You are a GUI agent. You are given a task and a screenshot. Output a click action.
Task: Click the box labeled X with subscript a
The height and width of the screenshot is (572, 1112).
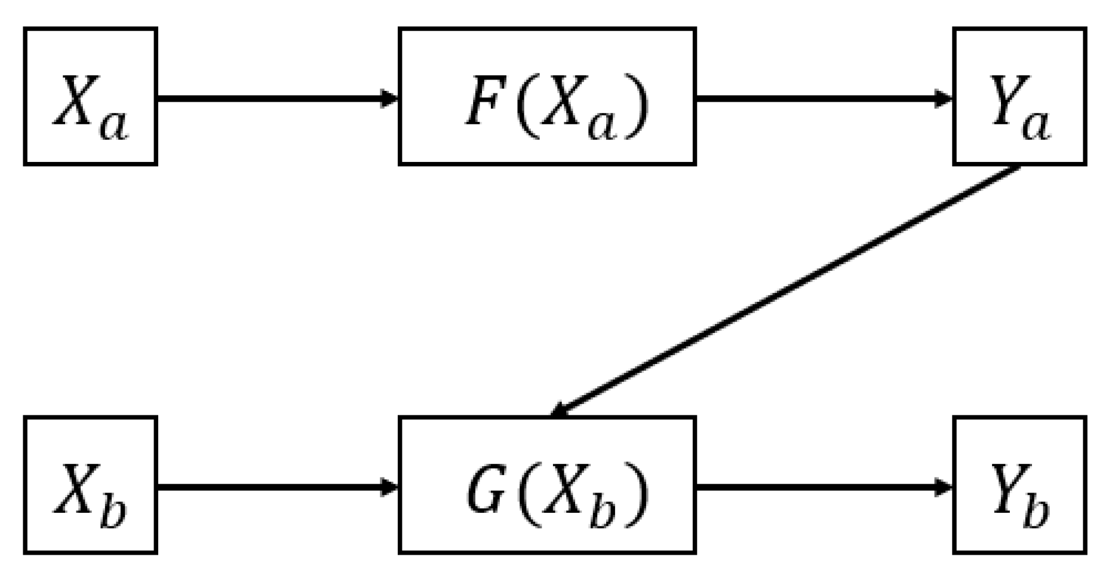pos(90,96)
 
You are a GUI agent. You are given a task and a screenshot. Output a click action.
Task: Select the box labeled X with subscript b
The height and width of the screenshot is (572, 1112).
pos(90,485)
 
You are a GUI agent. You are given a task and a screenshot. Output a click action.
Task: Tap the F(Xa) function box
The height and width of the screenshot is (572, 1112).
pos(547,96)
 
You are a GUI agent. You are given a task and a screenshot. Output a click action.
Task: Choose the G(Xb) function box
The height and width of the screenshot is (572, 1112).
pos(547,485)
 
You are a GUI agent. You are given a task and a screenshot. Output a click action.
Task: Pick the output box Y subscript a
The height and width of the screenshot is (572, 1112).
pos(1019,96)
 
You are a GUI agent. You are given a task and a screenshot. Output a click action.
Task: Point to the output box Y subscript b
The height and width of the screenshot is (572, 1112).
pos(1019,485)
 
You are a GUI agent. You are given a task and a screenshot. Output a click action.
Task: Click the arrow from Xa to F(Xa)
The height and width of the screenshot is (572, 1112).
pos(275,97)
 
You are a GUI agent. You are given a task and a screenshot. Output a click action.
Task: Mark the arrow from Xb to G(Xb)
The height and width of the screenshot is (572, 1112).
pos(275,487)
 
